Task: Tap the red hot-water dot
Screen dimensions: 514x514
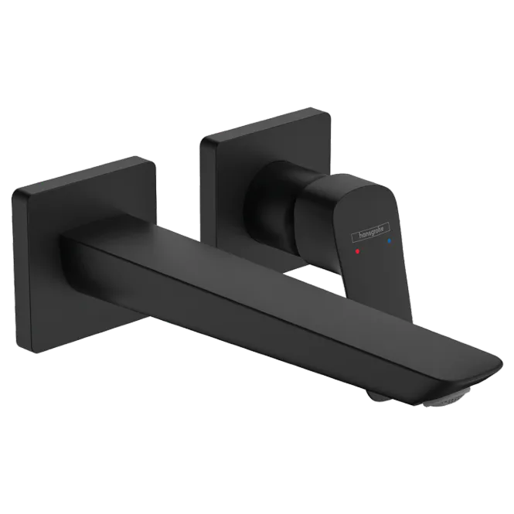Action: pyautogui.click(x=357, y=251)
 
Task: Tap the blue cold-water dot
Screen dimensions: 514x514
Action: pyautogui.click(x=389, y=241)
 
